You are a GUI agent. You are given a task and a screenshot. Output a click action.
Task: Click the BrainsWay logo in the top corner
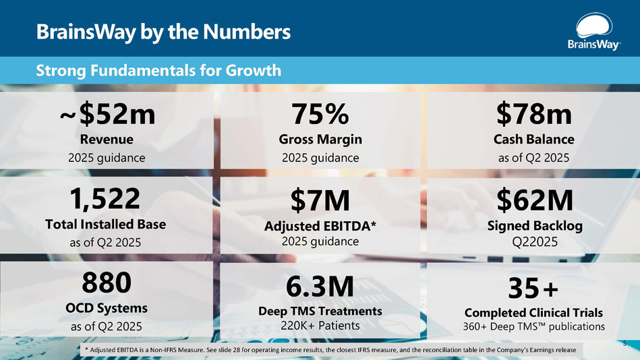[593, 33]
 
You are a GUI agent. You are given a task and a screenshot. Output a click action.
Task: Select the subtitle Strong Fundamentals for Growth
[158, 70]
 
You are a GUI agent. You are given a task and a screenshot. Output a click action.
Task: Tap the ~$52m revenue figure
[107, 115]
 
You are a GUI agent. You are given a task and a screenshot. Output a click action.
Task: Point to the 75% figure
[320, 115]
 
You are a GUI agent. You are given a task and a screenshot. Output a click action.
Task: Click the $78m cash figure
[534, 115]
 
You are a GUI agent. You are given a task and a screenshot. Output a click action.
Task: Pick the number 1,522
[107, 198]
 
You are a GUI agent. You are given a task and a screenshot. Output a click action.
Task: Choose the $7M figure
[320, 200]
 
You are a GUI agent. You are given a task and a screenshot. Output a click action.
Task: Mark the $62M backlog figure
[534, 200]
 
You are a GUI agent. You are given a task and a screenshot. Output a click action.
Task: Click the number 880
[107, 283]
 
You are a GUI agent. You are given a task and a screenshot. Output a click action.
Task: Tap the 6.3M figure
[320, 287]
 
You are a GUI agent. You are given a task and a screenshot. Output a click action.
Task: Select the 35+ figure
[534, 289]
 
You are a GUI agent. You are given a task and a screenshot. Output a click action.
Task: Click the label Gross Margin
[320, 140]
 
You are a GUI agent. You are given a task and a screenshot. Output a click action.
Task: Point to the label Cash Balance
[534, 140]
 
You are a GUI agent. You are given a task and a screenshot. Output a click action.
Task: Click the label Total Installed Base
[107, 223]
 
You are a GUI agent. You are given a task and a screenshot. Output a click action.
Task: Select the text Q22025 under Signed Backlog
[534, 241]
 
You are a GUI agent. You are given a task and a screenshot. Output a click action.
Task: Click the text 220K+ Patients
[320, 326]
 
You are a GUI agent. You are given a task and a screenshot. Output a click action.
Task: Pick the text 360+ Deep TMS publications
[534, 327]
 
